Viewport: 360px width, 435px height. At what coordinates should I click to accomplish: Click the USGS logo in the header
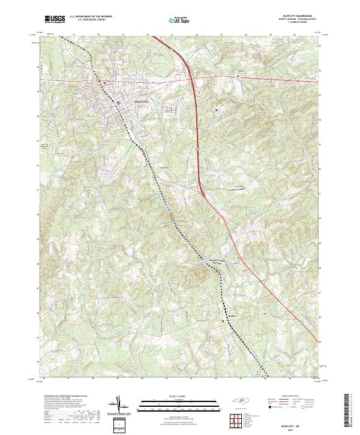[x=55, y=20]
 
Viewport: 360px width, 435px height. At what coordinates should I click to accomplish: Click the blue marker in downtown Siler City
[x=119, y=102]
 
